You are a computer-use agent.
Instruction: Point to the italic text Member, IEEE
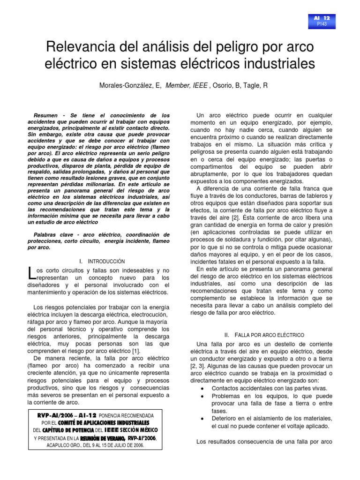tap(187, 85)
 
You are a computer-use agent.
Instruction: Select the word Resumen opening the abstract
tap(48, 115)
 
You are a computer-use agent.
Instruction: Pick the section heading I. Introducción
tap(102, 261)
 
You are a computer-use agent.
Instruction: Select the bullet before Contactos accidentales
tap(202, 389)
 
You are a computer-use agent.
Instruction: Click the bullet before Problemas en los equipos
tap(202, 397)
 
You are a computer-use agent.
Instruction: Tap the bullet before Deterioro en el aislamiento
tap(202, 419)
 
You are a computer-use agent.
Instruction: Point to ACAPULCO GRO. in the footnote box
tap(64, 445)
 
